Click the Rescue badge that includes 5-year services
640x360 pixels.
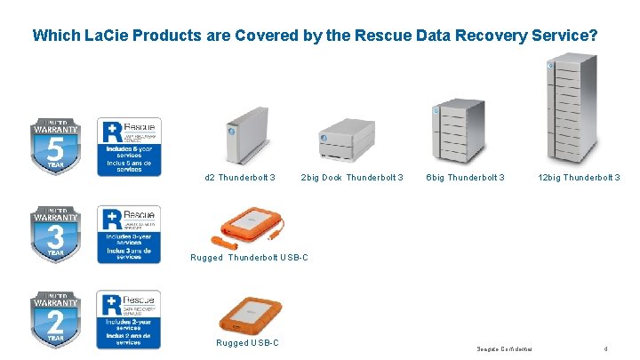(x=129, y=147)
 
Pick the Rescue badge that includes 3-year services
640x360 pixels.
(x=129, y=234)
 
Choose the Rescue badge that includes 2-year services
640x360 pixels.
(x=129, y=318)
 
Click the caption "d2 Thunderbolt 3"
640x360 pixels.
(x=240, y=178)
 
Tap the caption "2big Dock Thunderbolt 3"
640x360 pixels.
(x=352, y=178)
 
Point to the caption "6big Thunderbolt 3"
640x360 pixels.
(x=465, y=178)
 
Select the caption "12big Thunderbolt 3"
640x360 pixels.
(x=579, y=178)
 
